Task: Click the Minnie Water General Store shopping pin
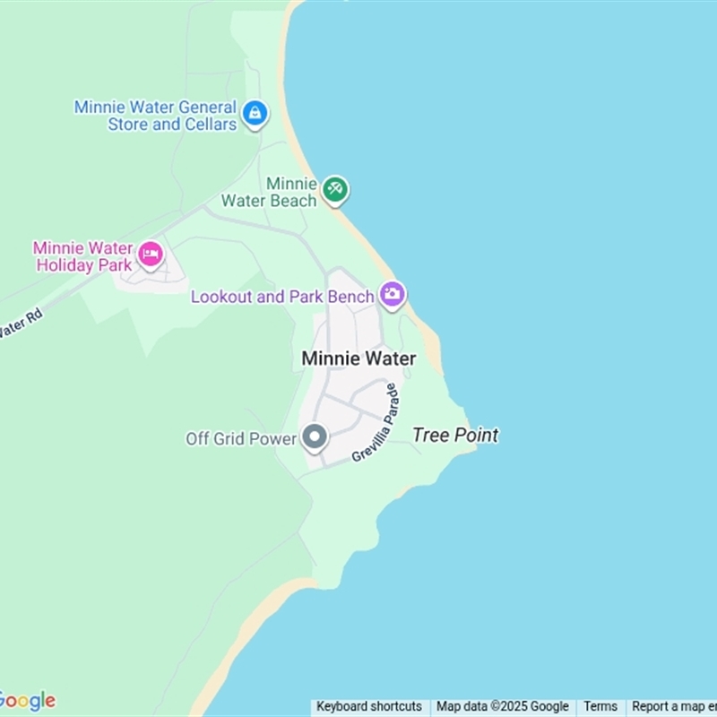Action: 255,114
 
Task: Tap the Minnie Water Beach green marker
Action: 336,189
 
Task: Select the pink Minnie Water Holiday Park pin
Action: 151,255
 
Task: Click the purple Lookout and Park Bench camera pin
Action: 392,294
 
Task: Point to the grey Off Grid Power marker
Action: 314,438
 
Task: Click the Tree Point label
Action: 455,436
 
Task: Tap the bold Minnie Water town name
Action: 358,358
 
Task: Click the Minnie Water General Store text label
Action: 155,116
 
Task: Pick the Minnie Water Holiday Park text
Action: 82,255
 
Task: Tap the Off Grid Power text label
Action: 240,439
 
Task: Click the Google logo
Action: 27,701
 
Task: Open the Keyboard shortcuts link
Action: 369,706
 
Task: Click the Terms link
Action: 600,706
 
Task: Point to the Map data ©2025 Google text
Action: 503,706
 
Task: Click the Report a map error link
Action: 672,706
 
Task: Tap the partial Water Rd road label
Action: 20,324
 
